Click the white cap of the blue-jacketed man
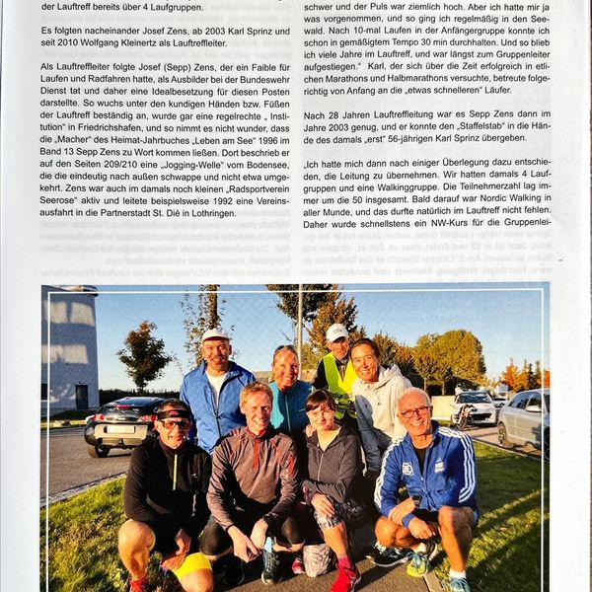pos(215,335)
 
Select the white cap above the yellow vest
pos(337,332)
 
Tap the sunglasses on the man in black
pos(175,423)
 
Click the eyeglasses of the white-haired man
pos(414,411)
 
